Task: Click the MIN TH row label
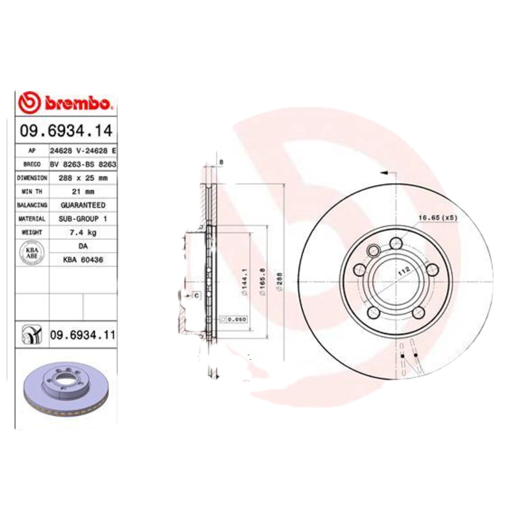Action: [x=32, y=191]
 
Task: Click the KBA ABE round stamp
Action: [x=32, y=252]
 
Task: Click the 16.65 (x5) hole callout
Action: [x=439, y=218]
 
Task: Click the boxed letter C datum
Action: [x=195, y=296]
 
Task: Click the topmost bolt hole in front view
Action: [x=396, y=243]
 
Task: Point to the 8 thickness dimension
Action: [x=221, y=162]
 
